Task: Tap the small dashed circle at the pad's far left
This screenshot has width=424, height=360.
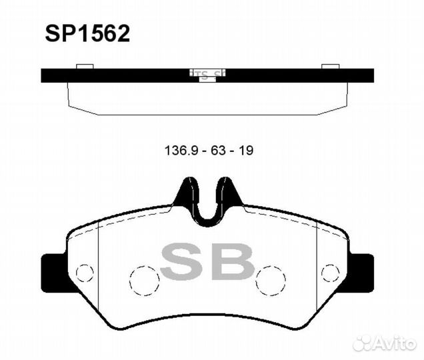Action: click(x=83, y=273)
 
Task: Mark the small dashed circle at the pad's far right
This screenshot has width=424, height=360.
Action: click(x=330, y=273)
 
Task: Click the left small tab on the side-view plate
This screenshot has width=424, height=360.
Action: click(x=84, y=66)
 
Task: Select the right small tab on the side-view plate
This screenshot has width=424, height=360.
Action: click(x=331, y=66)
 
